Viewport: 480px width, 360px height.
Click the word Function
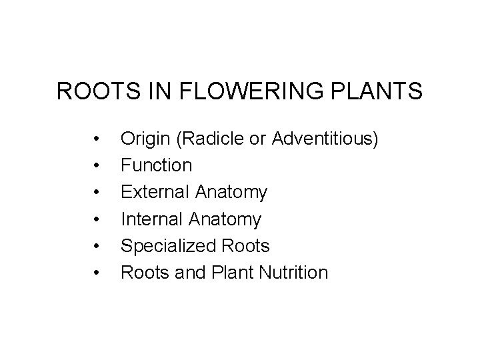156,165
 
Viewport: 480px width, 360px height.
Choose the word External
155,193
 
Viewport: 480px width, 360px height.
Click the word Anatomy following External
233,193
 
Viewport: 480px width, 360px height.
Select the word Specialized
167,246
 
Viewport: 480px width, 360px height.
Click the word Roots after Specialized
245,246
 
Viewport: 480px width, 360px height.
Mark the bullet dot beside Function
97,165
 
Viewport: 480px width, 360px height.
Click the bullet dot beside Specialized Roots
97,246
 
